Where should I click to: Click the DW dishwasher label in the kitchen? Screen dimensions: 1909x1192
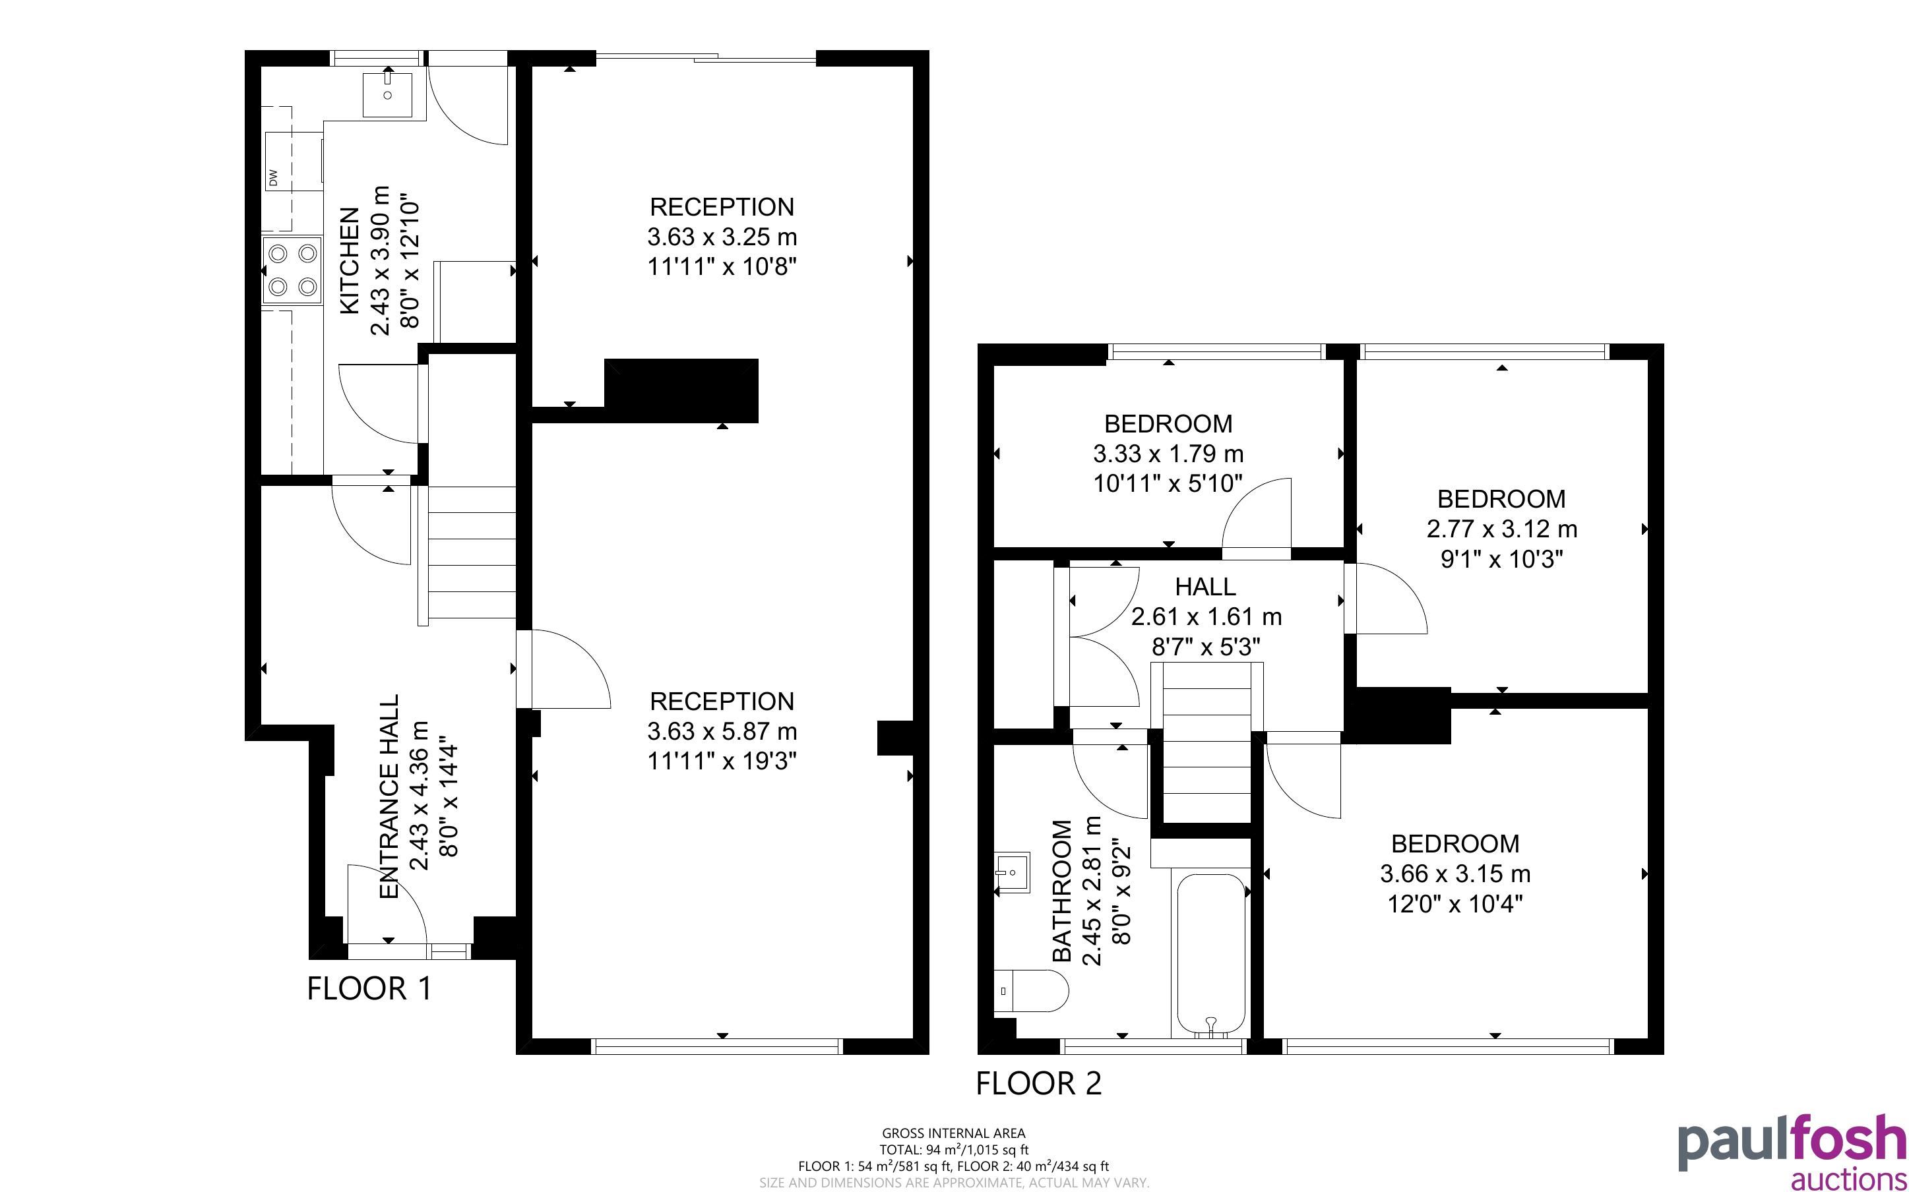click(x=274, y=178)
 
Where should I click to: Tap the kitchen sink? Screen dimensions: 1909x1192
click(x=388, y=94)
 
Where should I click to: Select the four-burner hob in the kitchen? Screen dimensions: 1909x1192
click(x=292, y=270)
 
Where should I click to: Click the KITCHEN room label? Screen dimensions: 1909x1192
click(x=350, y=261)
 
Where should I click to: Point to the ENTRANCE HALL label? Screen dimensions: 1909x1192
click(x=390, y=796)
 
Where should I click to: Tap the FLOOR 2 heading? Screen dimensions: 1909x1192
click(x=1038, y=1083)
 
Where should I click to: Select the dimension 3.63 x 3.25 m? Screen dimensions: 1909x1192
click(x=722, y=237)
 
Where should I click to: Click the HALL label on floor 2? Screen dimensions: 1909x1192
click(x=1206, y=587)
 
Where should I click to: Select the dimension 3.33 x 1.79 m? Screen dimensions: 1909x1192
click(x=1169, y=454)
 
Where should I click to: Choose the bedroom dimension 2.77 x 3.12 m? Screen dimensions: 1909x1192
click(x=1502, y=529)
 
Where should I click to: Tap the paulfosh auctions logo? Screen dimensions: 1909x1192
click(x=1792, y=1150)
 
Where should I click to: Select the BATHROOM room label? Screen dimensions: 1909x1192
click(x=1063, y=891)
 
